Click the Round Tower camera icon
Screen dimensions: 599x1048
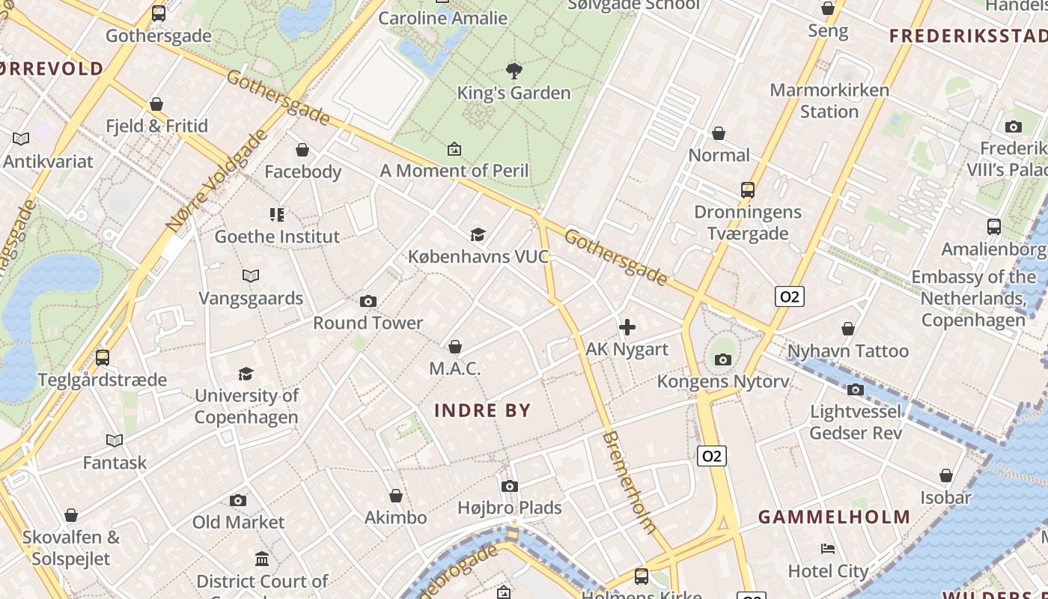(x=368, y=301)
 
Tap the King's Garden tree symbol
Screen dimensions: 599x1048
(x=514, y=71)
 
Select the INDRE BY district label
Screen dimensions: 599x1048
(x=483, y=410)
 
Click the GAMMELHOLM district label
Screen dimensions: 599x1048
(x=834, y=517)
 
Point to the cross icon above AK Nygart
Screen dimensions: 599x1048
(x=627, y=327)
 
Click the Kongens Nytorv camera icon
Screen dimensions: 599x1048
(x=722, y=360)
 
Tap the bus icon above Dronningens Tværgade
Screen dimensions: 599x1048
(x=747, y=190)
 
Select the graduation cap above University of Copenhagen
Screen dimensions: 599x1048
(x=246, y=374)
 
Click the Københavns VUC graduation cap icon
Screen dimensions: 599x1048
(x=478, y=235)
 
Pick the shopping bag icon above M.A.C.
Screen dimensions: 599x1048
(x=454, y=347)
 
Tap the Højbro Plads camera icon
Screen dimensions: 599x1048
(x=510, y=487)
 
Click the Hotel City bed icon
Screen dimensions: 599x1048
(x=828, y=549)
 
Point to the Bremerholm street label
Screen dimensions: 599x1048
(x=629, y=481)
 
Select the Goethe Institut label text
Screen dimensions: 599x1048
(x=277, y=237)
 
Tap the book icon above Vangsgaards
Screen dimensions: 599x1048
(x=251, y=276)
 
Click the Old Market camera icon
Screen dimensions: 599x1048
(x=238, y=500)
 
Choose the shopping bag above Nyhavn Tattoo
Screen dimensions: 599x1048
(x=848, y=329)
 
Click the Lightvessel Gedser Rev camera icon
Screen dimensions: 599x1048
(x=856, y=389)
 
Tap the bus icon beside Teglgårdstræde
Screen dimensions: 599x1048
(x=103, y=358)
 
